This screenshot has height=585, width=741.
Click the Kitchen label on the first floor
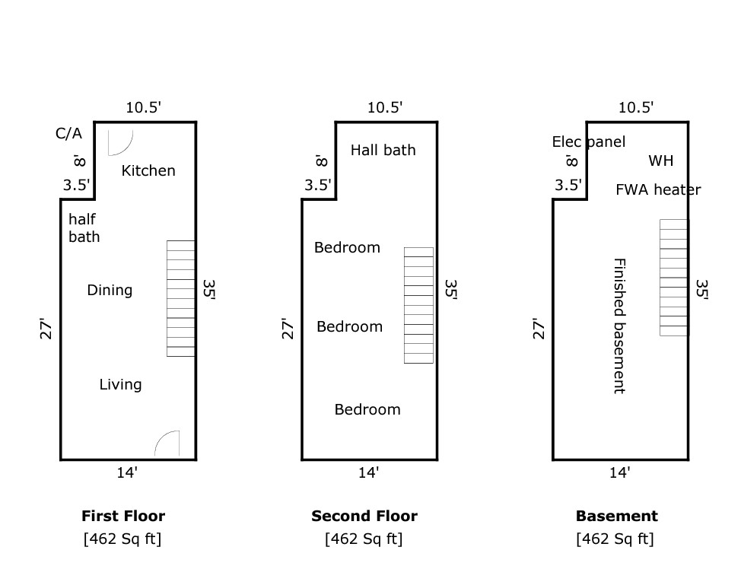pos(148,170)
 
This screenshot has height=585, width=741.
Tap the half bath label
pos(84,227)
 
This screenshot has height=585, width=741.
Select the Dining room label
pos(110,290)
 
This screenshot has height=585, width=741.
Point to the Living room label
pos(120,384)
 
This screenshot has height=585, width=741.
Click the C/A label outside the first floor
pos(69,133)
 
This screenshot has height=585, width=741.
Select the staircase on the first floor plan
pos(181,298)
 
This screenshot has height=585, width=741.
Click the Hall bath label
pos(383,151)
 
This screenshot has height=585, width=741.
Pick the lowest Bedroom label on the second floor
pos(367,409)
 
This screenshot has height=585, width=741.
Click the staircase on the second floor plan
pos(418,305)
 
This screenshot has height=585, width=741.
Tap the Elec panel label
pos(589,141)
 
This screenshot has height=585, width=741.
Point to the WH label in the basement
pos(660,161)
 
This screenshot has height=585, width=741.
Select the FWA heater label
pos(658,190)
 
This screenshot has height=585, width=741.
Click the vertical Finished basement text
pos(619,326)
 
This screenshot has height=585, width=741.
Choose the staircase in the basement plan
pos(674,278)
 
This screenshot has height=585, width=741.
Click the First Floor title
pos(123,516)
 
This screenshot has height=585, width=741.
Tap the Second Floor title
pos(364,516)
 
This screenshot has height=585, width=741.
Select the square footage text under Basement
pos(615,539)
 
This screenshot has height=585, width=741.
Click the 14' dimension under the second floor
pos(369,472)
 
